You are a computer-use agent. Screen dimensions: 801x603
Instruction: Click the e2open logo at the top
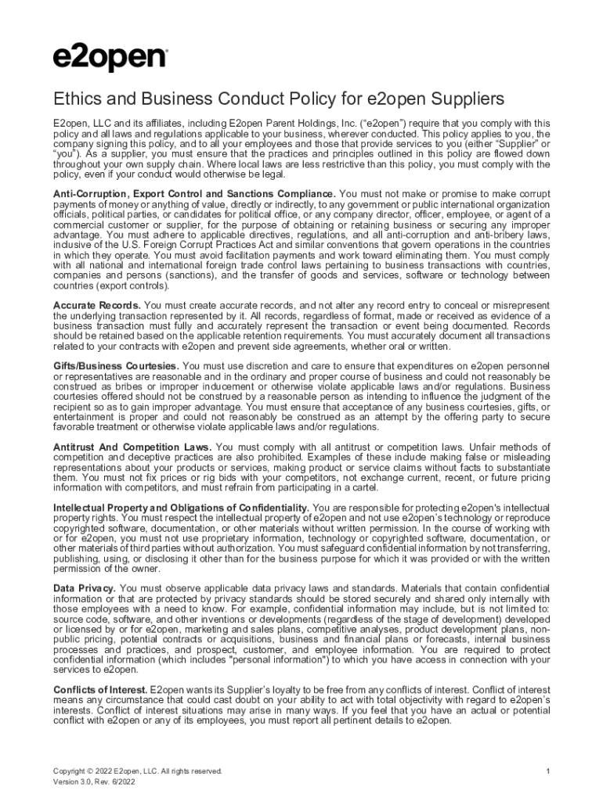[x=110, y=57]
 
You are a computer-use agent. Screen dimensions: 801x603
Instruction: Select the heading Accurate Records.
[x=97, y=304]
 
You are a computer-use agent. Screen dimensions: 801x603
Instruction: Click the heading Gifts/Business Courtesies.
[x=116, y=366]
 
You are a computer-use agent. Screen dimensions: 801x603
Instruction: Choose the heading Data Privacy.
[x=85, y=588]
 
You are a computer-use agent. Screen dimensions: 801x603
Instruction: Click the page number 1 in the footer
[x=549, y=771]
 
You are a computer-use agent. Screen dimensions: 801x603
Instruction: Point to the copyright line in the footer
[x=137, y=771]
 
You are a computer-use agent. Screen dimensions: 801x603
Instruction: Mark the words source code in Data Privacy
[x=76, y=619]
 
